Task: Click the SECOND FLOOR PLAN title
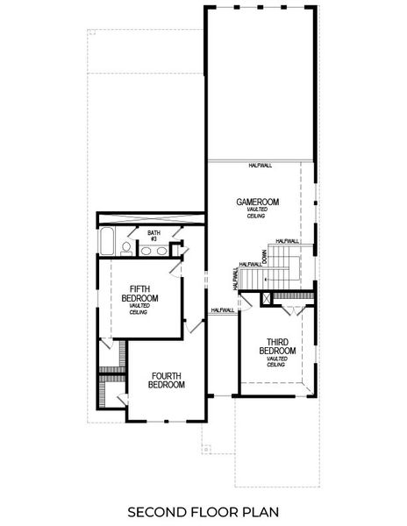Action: tap(203, 510)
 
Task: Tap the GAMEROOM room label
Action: tap(257, 203)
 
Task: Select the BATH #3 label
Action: tap(153, 235)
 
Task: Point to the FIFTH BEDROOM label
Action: tap(144, 294)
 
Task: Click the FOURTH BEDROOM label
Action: tap(166, 380)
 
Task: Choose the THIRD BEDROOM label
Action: tap(277, 346)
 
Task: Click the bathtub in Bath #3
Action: tap(106, 241)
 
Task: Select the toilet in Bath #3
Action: tap(126, 249)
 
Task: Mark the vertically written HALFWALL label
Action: tap(235, 279)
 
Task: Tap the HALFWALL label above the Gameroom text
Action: tap(261, 165)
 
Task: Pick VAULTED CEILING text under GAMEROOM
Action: tap(257, 213)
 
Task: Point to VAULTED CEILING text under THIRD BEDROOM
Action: tap(277, 361)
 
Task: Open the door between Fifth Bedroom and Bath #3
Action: tap(178, 267)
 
